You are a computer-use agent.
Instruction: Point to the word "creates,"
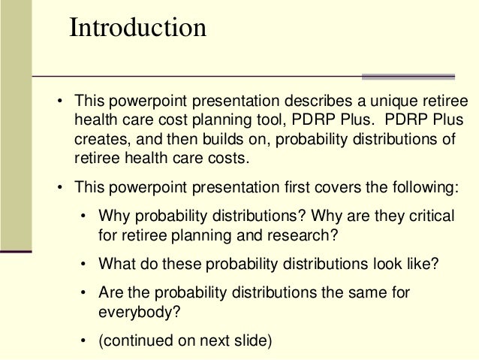99,141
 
